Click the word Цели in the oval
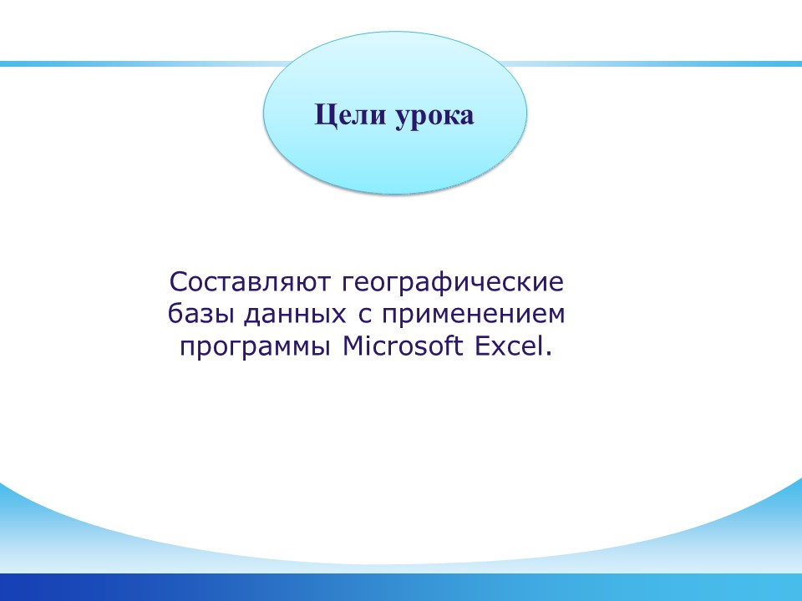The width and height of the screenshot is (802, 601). pyautogui.click(x=350, y=115)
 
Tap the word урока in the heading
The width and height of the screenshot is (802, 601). pyautogui.click(x=434, y=117)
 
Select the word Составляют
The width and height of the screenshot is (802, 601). pyautogui.click(x=250, y=281)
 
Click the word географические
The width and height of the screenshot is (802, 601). pyautogui.click(x=453, y=283)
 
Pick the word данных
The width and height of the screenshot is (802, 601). pyautogui.click(x=295, y=316)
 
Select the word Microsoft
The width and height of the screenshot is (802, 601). pyautogui.click(x=403, y=346)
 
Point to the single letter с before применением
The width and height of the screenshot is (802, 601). pyautogui.click(x=364, y=316)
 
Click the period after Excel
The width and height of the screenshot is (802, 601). pyautogui.click(x=549, y=354)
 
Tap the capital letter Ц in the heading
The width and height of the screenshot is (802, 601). pyautogui.click(x=325, y=115)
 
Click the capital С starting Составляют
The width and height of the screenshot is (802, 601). pyautogui.click(x=179, y=281)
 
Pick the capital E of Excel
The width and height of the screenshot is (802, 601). pyautogui.click(x=484, y=346)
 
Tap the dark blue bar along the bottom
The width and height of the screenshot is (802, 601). pyautogui.click(x=401, y=587)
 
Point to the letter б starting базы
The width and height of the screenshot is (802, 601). pyautogui.click(x=176, y=313)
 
